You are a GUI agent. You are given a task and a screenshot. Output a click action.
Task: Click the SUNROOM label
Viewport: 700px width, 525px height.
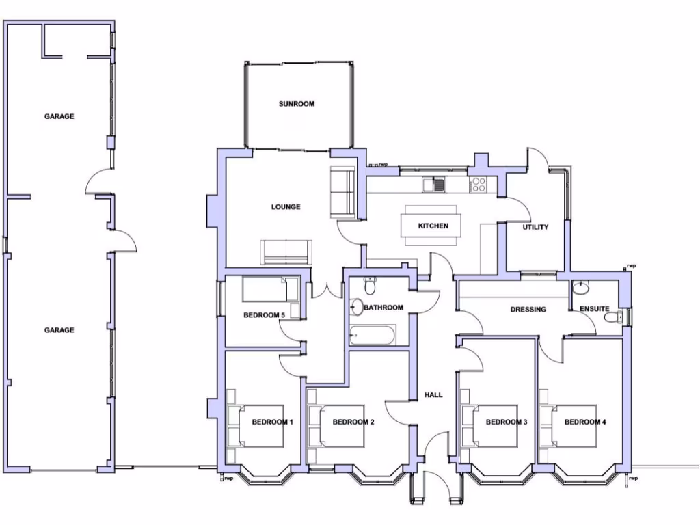pos(296,104)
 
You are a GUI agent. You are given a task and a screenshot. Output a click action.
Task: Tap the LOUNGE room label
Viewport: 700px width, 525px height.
pos(286,207)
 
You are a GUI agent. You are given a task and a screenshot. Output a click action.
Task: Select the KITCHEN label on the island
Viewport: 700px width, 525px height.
pos(433,226)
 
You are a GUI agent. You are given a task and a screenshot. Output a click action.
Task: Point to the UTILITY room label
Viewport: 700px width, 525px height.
pos(535,227)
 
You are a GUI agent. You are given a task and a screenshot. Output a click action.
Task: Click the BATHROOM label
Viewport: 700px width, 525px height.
pos(383,308)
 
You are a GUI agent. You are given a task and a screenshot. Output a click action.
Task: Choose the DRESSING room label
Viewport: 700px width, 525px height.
pos(528,310)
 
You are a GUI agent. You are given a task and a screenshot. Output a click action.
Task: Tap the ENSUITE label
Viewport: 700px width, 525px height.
pos(594,309)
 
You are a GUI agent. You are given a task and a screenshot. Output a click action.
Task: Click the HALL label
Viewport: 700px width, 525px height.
pos(433,395)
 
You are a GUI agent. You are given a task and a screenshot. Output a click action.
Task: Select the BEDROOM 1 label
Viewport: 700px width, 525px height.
pos(272,422)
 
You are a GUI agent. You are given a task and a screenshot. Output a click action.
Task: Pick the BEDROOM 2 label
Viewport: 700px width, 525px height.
pos(353,422)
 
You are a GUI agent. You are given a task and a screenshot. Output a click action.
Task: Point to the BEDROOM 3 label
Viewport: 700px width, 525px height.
pos(507,422)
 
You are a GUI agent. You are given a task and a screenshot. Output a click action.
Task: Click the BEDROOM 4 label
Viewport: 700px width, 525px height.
pos(585,422)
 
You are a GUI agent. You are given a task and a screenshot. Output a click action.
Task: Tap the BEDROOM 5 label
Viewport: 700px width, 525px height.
pos(264,315)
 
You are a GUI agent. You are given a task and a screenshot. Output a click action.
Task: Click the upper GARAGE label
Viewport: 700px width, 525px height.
pos(59,116)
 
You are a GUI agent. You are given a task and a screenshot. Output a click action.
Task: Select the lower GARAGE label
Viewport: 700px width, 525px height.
pos(59,330)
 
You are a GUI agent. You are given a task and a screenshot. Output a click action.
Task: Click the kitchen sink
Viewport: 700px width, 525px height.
pos(433,184)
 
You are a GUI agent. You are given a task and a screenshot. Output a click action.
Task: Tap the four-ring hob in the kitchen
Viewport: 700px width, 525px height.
pos(478,184)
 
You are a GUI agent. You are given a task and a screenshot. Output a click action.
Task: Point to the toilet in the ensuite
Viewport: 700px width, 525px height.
pos(618,317)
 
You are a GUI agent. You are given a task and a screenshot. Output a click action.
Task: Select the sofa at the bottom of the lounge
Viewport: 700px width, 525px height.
pos(286,252)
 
